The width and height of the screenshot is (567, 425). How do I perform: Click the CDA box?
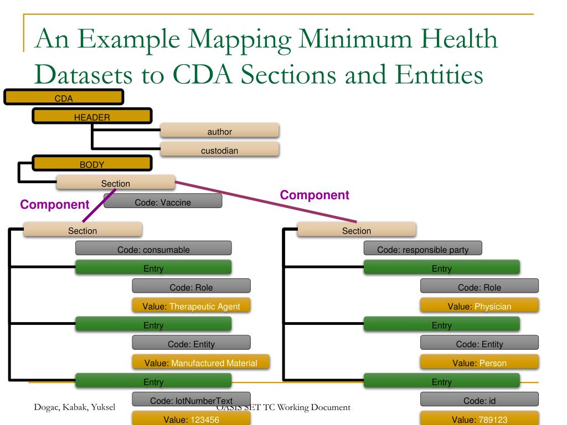64,98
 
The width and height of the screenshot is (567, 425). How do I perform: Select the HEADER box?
92,116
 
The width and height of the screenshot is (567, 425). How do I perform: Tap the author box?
219,131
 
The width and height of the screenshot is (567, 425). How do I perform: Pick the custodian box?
219,150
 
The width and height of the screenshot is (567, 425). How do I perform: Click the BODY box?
92,164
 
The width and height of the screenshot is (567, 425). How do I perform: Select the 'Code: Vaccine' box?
163,202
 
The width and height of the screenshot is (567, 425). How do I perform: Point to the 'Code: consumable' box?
153,249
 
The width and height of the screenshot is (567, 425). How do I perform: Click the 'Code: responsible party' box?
422,249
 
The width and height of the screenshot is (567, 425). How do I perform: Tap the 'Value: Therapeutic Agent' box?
192,306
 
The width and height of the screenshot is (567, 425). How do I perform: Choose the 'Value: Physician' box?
480,306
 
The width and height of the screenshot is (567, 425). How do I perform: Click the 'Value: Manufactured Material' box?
200,363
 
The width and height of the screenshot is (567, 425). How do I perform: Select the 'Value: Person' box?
480,363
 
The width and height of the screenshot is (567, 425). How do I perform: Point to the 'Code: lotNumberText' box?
191,400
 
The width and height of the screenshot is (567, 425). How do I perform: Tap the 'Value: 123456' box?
192,419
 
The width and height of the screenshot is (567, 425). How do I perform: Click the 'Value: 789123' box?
480,419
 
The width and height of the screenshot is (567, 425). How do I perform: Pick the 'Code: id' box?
480,400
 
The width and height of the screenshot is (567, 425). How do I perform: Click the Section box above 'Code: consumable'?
83,230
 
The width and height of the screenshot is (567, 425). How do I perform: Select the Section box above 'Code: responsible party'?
357,230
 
